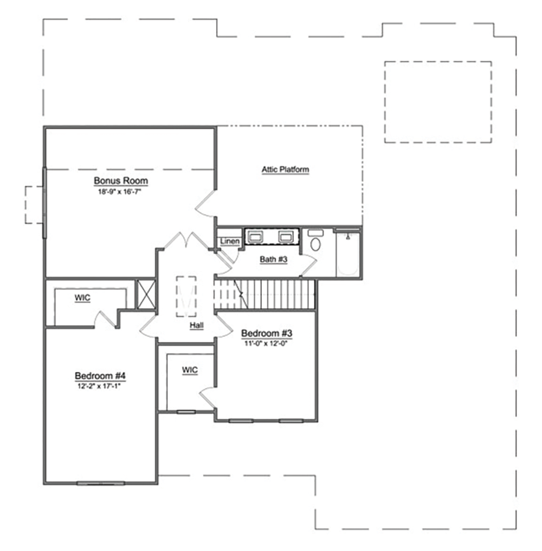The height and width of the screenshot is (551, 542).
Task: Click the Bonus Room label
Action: (121, 180)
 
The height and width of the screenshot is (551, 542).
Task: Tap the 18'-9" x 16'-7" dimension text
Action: (119, 192)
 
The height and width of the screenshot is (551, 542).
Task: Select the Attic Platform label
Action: (286, 170)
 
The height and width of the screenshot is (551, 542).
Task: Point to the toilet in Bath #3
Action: (315, 241)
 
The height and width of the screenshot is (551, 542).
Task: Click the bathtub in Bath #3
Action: (348, 254)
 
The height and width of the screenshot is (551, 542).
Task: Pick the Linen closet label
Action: (230, 242)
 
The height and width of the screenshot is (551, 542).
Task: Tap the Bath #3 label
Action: (274, 260)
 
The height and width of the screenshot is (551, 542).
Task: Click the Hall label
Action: (197, 326)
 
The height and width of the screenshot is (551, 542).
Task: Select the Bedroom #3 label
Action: (267, 333)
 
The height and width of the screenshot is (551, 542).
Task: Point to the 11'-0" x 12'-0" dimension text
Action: (266, 343)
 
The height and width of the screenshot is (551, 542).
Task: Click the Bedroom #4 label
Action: (100, 375)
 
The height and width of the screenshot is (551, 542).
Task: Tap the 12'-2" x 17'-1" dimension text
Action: (99, 386)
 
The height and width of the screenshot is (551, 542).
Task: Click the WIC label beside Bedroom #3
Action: (190, 370)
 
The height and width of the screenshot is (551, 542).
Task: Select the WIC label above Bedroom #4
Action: (82, 298)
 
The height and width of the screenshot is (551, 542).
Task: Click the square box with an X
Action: (146, 295)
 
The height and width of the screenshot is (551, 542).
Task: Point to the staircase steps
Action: (264, 295)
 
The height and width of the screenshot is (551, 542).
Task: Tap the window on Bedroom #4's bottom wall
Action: (100, 483)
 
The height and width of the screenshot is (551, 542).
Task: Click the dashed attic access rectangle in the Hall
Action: (186, 297)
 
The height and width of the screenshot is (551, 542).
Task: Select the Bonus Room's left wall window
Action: (44, 203)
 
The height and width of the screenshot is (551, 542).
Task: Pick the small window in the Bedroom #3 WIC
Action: (186, 412)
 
